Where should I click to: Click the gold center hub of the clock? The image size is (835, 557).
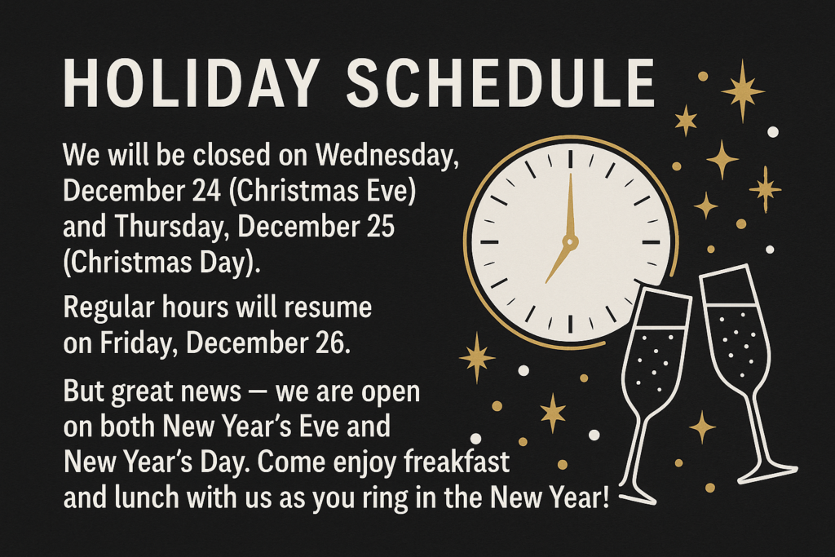570,242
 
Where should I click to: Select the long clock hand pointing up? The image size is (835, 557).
570,204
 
